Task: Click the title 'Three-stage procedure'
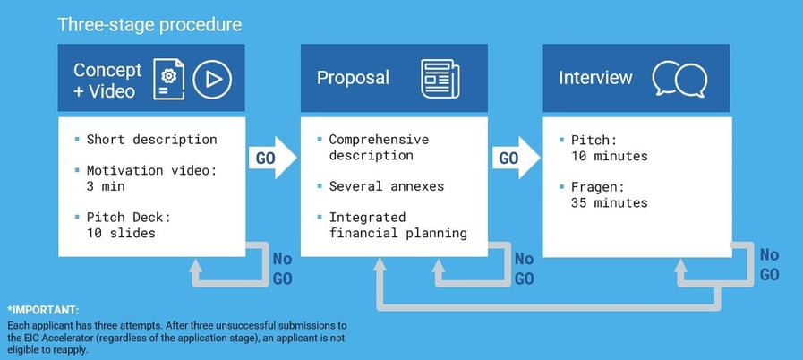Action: [x=149, y=24]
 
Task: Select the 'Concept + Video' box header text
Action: [x=107, y=80]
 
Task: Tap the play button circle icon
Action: [x=213, y=80]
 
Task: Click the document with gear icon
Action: [x=168, y=80]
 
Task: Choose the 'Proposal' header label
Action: [x=353, y=78]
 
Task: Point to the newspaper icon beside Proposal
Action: [x=439, y=79]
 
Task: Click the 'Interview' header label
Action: [x=594, y=78]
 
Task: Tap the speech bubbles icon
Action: [x=674, y=79]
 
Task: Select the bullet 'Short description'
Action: [x=151, y=140]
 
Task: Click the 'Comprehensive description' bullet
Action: [x=378, y=147]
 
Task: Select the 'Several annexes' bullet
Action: [x=386, y=186]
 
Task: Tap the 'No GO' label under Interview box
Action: [x=769, y=265]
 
